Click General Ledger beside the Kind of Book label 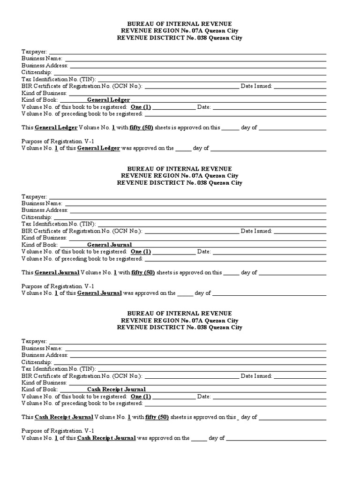tap(108, 100)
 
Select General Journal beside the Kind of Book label tap(109, 245)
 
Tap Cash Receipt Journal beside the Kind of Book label tap(116, 389)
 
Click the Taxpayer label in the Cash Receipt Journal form tap(34, 341)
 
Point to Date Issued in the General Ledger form tap(256, 86)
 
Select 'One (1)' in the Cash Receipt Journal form tap(141, 396)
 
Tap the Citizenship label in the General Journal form tap(37, 217)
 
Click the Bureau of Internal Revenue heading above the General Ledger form tap(180, 24)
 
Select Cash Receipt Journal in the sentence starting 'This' tap(63, 417)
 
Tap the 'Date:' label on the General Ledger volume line tap(204, 107)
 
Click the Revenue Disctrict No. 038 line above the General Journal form tap(180, 183)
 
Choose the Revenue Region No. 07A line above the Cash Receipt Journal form tap(180, 321)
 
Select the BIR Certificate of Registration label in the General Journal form tap(82, 231)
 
